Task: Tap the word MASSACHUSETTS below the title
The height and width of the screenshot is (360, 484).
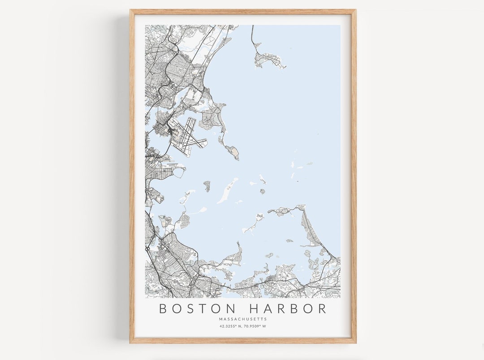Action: (243, 319)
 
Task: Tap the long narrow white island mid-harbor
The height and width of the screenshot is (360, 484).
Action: (228, 191)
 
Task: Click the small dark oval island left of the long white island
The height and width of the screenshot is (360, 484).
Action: (207, 185)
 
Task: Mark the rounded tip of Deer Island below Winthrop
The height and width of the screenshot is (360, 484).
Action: (233, 153)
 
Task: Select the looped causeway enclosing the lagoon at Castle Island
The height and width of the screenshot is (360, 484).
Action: (179, 172)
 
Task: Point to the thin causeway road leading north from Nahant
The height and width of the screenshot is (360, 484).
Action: (253, 36)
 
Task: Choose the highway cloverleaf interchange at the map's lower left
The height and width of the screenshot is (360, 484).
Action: (147, 247)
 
